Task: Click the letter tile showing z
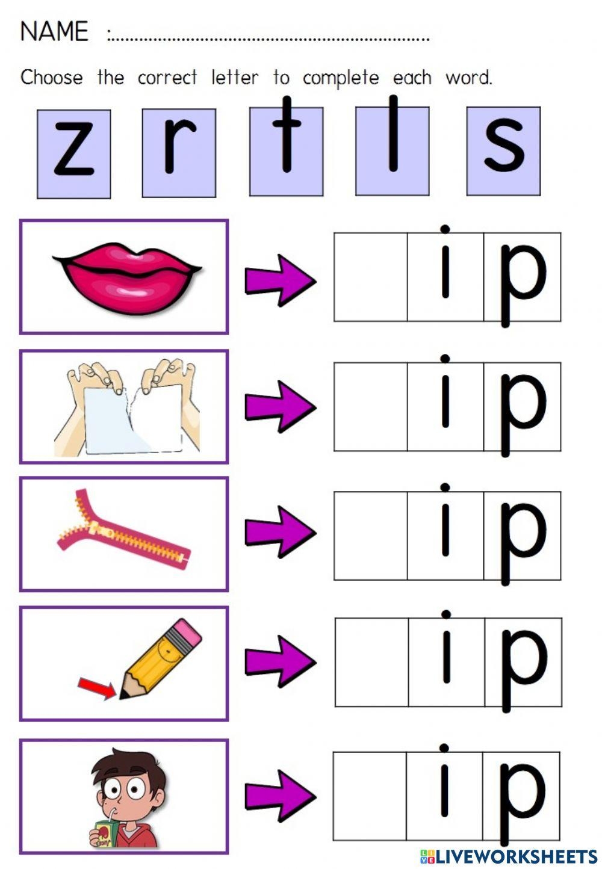[74, 154]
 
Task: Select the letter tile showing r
[179, 153]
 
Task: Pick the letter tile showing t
[286, 151]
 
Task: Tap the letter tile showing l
[393, 151]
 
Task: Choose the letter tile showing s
[503, 151]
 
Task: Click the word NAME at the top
[54, 31]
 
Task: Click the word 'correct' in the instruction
[167, 78]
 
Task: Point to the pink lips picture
[127, 278]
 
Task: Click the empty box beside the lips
[371, 277]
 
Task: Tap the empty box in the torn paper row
[371, 407]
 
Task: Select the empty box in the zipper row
[371, 536]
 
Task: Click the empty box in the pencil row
[372, 662]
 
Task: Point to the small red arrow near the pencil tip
[97, 688]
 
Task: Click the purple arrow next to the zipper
[281, 532]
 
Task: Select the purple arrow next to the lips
[281, 280]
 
